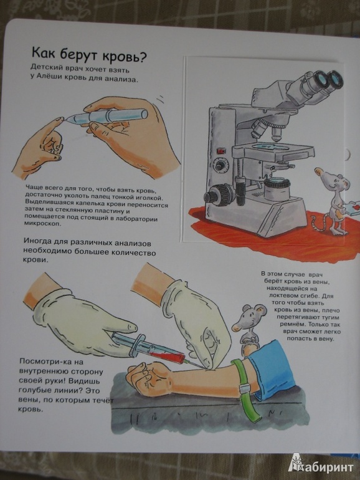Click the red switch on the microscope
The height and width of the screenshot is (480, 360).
tap(221, 151)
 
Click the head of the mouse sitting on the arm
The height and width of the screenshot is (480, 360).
tap(249, 319)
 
